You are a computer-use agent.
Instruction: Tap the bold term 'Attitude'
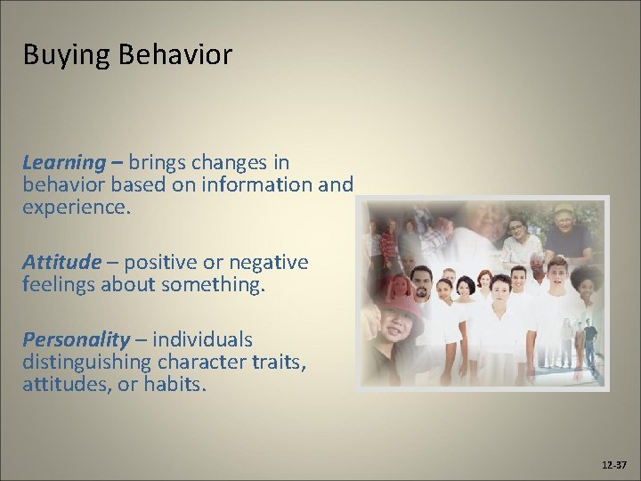pyautogui.click(x=62, y=263)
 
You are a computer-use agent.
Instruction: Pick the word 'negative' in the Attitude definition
pyautogui.click(x=265, y=263)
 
